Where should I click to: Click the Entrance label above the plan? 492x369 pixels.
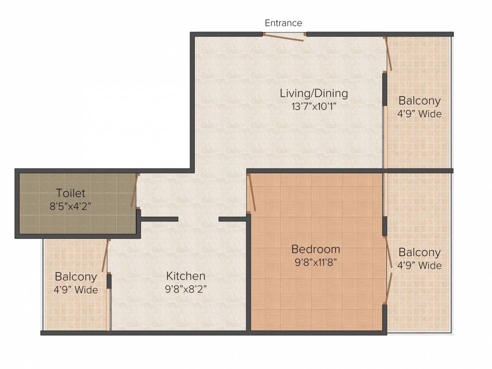(283, 23)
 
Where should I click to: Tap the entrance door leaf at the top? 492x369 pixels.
(283, 37)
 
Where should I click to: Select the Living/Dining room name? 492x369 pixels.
(314, 93)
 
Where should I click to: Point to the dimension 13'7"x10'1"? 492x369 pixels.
(314, 107)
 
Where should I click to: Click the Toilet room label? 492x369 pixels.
(71, 193)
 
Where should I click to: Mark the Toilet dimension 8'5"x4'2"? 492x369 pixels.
(71, 206)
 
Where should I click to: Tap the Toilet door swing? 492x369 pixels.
(135, 191)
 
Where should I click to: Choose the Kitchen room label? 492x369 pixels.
(186, 276)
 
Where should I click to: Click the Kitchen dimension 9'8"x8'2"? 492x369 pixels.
(186, 289)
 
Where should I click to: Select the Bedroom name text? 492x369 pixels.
(316, 249)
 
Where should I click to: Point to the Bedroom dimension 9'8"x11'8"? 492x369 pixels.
(316, 262)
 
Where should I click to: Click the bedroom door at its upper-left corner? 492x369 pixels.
(251, 193)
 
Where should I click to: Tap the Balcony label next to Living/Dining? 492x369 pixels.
(420, 100)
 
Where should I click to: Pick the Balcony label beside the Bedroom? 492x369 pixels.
(420, 252)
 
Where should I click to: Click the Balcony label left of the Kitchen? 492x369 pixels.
(76, 277)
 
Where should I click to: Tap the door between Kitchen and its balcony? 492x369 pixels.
(106, 256)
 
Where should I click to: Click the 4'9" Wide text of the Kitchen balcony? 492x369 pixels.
(76, 290)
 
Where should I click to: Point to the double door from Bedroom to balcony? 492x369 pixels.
(388, 271)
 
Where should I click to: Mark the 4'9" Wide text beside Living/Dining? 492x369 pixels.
(420, 114)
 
